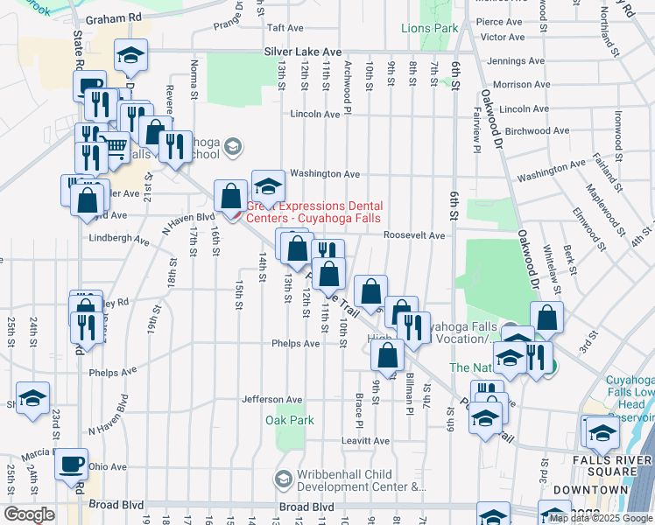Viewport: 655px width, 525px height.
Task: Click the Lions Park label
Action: coord(429,28)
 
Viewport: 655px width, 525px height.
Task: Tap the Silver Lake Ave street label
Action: coord(302,52)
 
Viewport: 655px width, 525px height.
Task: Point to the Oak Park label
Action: coord(295,420)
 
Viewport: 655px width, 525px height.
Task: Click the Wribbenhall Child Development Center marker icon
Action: coord(283,479)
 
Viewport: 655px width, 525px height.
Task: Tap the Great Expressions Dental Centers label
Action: coord(313,212)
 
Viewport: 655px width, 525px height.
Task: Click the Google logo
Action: coord(29,514)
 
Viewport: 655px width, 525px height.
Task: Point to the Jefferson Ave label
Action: coord(271,399)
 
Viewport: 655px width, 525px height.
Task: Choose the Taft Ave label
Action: coord(284,28)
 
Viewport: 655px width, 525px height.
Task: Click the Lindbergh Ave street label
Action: coord(118,238)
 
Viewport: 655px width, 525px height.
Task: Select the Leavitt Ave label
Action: coord(365,441)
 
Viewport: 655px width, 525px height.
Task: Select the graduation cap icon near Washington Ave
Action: coord(268,185)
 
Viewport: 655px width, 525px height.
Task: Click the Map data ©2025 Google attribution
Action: coord(600,518)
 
